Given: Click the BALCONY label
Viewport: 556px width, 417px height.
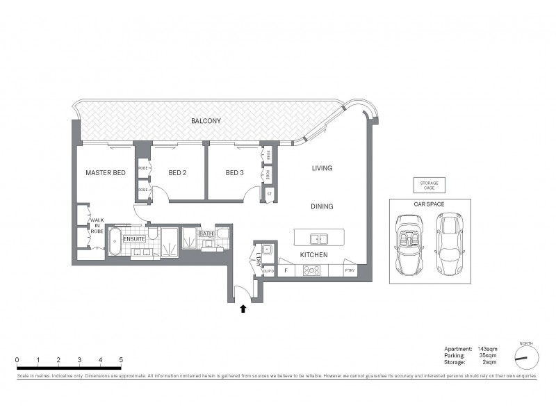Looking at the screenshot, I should click(206, 121).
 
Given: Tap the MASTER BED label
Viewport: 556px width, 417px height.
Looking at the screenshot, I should click(105, 172).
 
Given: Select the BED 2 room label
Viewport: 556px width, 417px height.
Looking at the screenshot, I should click(177, 172).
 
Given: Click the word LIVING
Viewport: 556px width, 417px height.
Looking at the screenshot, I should click(322, 168).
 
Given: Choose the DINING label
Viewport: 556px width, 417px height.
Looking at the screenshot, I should click(322, 206).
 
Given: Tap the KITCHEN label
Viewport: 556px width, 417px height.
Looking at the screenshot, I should click(313, 255).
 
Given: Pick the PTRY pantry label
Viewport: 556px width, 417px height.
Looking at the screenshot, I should click(349, 270).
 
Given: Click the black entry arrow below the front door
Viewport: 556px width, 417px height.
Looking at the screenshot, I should click(243, 309).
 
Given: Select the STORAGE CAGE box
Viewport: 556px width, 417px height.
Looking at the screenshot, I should click(426, 185).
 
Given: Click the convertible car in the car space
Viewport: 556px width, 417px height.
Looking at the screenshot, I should click(408, 243).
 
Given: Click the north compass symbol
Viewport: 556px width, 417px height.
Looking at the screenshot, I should click(527, 357).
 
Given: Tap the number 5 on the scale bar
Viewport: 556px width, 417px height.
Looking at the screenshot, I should click(122, 359).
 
